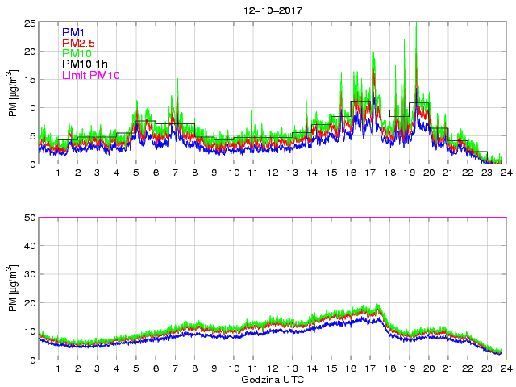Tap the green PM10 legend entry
click(77, 54)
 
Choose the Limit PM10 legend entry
click(90, 76)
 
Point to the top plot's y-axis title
click(11, 94)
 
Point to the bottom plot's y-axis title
click(11, 289)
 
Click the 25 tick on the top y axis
click(31, 23)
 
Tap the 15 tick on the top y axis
click(31, 80)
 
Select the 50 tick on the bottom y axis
click(31, 218)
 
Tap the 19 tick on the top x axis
click(410, 173)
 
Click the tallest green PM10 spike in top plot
click(416, 24)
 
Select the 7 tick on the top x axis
click(175, 173)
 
